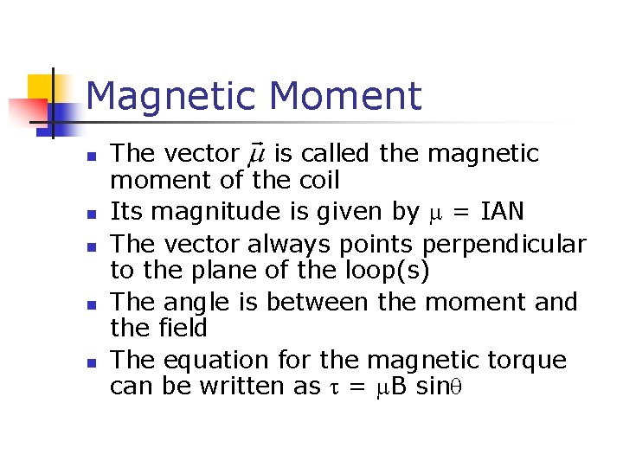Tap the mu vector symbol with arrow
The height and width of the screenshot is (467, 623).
pos(257,155)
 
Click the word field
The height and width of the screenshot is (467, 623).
pos(183,329)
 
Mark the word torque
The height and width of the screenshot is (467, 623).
pos(530,361)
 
